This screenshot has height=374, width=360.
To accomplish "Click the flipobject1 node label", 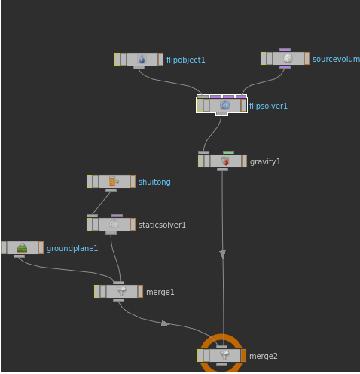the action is click(185, 60).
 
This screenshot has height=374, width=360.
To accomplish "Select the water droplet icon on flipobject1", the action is click(142, 60).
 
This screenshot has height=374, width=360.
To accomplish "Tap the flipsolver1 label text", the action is click(268, 106).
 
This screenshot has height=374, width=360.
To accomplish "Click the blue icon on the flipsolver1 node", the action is click(224, 105).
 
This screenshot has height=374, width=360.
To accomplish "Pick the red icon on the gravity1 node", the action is click(225, 161).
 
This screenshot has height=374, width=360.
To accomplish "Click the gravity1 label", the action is click(265, 161).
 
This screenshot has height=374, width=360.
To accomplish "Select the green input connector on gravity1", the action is click(228, 152).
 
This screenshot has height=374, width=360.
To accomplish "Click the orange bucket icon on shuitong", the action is click(112, 181).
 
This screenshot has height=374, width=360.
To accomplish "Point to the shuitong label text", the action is click(154, 182).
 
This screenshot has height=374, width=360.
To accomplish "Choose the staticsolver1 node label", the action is click(162, 225).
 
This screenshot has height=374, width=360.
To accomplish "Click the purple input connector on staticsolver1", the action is click(117, 216).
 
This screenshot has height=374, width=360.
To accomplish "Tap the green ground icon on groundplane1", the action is click(22, 248).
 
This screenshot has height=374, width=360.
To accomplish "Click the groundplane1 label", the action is click(72, 248).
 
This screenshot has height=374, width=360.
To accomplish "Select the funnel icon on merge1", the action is click(121, 291).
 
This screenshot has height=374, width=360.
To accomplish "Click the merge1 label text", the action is click(160, 292).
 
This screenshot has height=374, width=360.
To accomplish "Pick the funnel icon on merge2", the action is click(224, 355).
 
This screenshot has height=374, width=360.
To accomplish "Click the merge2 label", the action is click(264, 356).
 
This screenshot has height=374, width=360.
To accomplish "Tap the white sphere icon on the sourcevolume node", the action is click(288, 58).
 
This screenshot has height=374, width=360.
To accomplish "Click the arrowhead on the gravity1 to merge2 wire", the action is click(222, 254).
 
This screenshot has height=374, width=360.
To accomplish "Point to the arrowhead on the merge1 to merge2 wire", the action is click(165, 323).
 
